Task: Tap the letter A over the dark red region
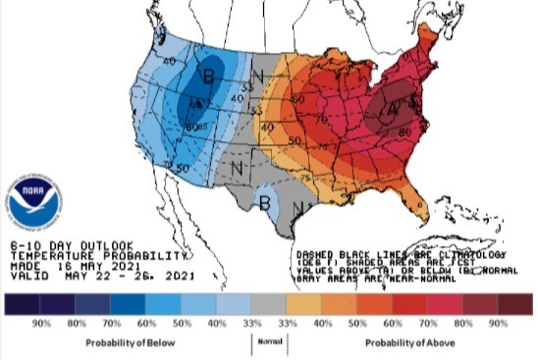coord(393,110)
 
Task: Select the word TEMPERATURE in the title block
coord(46,254)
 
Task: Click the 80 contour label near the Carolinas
coord(404,130)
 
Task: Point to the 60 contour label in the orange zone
coord(297,99)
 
